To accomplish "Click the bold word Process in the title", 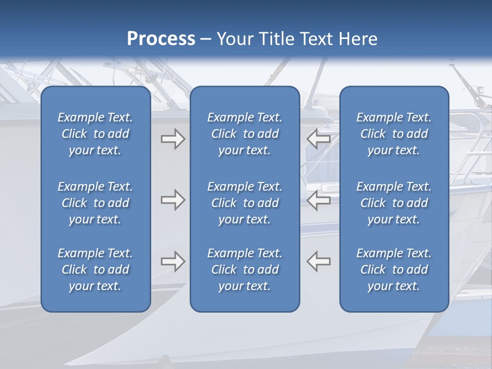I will click(x=161, y=39).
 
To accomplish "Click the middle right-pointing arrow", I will click(x=173, y=200).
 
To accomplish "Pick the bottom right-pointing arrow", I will click(x=173, y=261).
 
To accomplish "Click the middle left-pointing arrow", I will click(x=319, y=200).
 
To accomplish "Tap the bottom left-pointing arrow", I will click(x=319, y=261).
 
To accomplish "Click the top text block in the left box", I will click(x=95, y=134).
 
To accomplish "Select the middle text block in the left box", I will click(x=95, y=203).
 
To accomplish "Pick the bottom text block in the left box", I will click(x=95, y=270).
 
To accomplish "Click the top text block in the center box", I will click(x=245, y=134).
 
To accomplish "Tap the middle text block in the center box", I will click(x=245, y=203).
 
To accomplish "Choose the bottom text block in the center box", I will click(x=245, y=270).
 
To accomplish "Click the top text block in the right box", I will click(x=394, y=134).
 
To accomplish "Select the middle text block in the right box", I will click(x=394, y=203).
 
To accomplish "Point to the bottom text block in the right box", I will click(x=394, y=270).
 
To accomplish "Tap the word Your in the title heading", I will click(x=234, y=39).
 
